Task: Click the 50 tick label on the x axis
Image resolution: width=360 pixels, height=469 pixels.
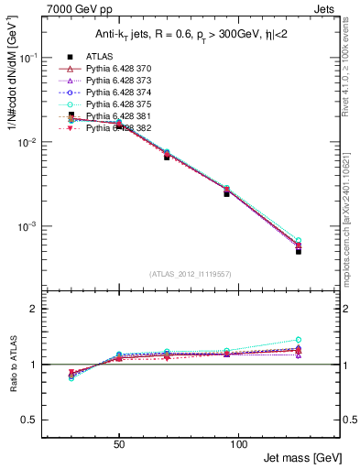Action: (x=119, y=442)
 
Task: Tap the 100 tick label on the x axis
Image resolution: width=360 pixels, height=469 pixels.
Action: (x=238, y=442)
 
